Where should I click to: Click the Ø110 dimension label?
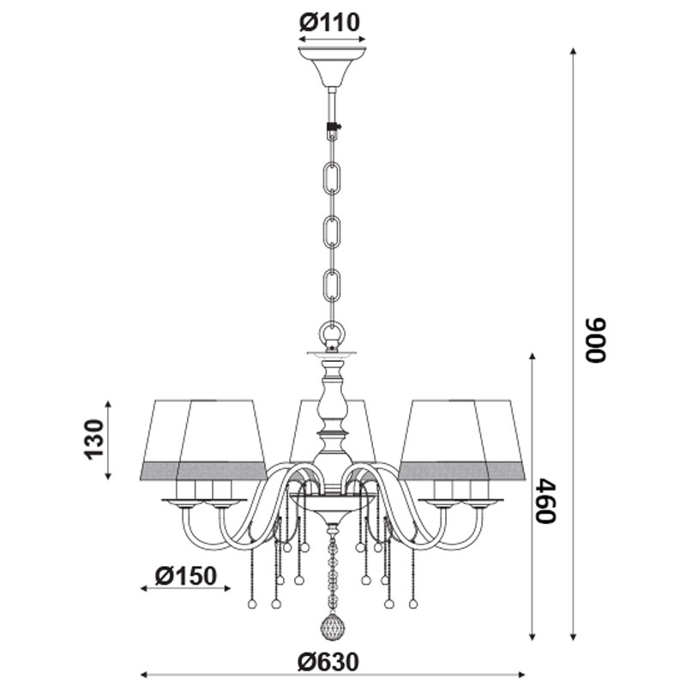pyautogui.click(x=329, y=22)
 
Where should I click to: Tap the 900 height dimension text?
pyautogui.click(x=595, y=340)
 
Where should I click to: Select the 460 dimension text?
pyautogui.click(x=545, y=501)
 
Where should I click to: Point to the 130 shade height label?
pyautogui.click(x=94, y=439)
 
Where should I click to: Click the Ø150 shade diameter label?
pyautogui.click(x=185, y=575)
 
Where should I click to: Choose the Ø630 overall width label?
pyautogui.click(x=328, y=662)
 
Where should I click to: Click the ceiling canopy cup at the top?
pyautogui.click(x=332, y=67)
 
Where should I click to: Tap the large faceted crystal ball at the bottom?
pyautogui.click(x=333, y=628)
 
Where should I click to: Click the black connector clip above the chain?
pyautogui.click(x=334, y=128)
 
